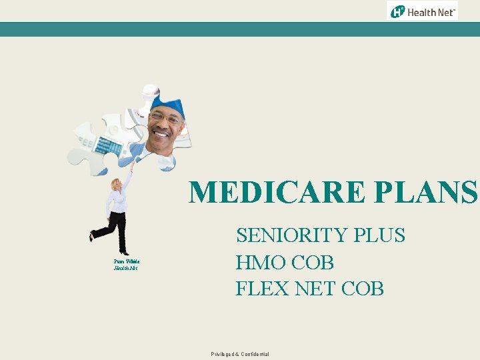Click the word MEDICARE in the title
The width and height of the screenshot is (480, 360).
(x=276, y=193)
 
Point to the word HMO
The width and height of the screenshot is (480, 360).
(x=261, y=262)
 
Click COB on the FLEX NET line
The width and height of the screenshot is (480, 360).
(x=363, y=289)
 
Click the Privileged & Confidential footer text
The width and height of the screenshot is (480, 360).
(x=240, y=354)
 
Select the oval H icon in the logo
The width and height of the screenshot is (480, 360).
(x=398, y=11)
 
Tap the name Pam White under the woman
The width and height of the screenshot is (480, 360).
(x=125, y=261)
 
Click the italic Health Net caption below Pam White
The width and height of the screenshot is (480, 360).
(x=125, y=268)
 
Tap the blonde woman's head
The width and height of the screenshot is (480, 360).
(x=117, y=185)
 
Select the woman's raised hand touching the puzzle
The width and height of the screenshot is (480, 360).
(x=131, y=167)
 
